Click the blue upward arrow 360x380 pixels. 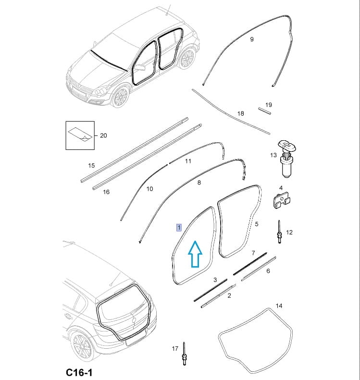coord(195,254)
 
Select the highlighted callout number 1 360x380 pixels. coord(179,228)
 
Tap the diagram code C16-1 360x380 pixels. coord(79,372)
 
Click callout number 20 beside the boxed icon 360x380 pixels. coord(103,135)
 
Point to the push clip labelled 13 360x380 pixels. coord(287,159)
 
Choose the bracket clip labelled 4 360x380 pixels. coord(281,200)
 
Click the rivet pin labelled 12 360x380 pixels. coord(280,232)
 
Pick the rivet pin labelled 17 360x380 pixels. coord(185,354)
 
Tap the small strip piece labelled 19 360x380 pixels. coord(264,111)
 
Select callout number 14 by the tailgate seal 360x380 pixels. coord(279,306)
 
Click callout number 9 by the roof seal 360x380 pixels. coord(252,39)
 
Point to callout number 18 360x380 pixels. coord(240,113)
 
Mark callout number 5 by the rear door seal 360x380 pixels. coord(257,224)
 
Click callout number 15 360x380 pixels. coord(91,166)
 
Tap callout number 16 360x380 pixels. coord(106,192)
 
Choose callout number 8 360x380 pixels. coord(199,183)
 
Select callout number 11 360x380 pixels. coord(188,161)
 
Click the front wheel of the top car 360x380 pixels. coord(120,97)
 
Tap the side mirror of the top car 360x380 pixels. coord(139,67)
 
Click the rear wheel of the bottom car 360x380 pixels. coord(83,347)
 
